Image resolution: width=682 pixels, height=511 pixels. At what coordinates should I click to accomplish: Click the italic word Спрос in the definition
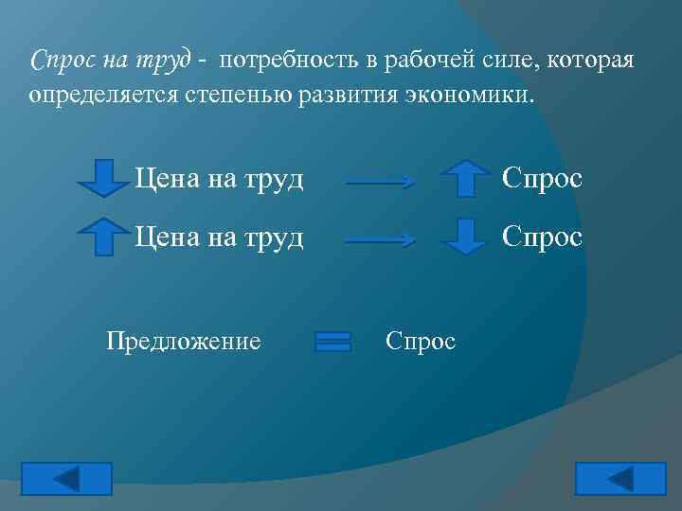point(63,62)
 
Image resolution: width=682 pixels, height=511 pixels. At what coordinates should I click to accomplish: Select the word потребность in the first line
point(294,62)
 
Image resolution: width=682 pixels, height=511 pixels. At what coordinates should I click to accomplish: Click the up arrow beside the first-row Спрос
point(464,178)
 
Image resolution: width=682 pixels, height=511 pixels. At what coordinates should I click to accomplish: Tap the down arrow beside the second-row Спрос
point(464,237)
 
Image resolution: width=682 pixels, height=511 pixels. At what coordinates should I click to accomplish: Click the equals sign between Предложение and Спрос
point(332,342)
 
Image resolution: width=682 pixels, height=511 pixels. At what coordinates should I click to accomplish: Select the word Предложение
point(184,340)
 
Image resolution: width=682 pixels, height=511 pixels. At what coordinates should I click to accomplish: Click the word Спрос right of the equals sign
point(421,340)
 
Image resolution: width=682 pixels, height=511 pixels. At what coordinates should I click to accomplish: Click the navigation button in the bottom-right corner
point(619,479)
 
